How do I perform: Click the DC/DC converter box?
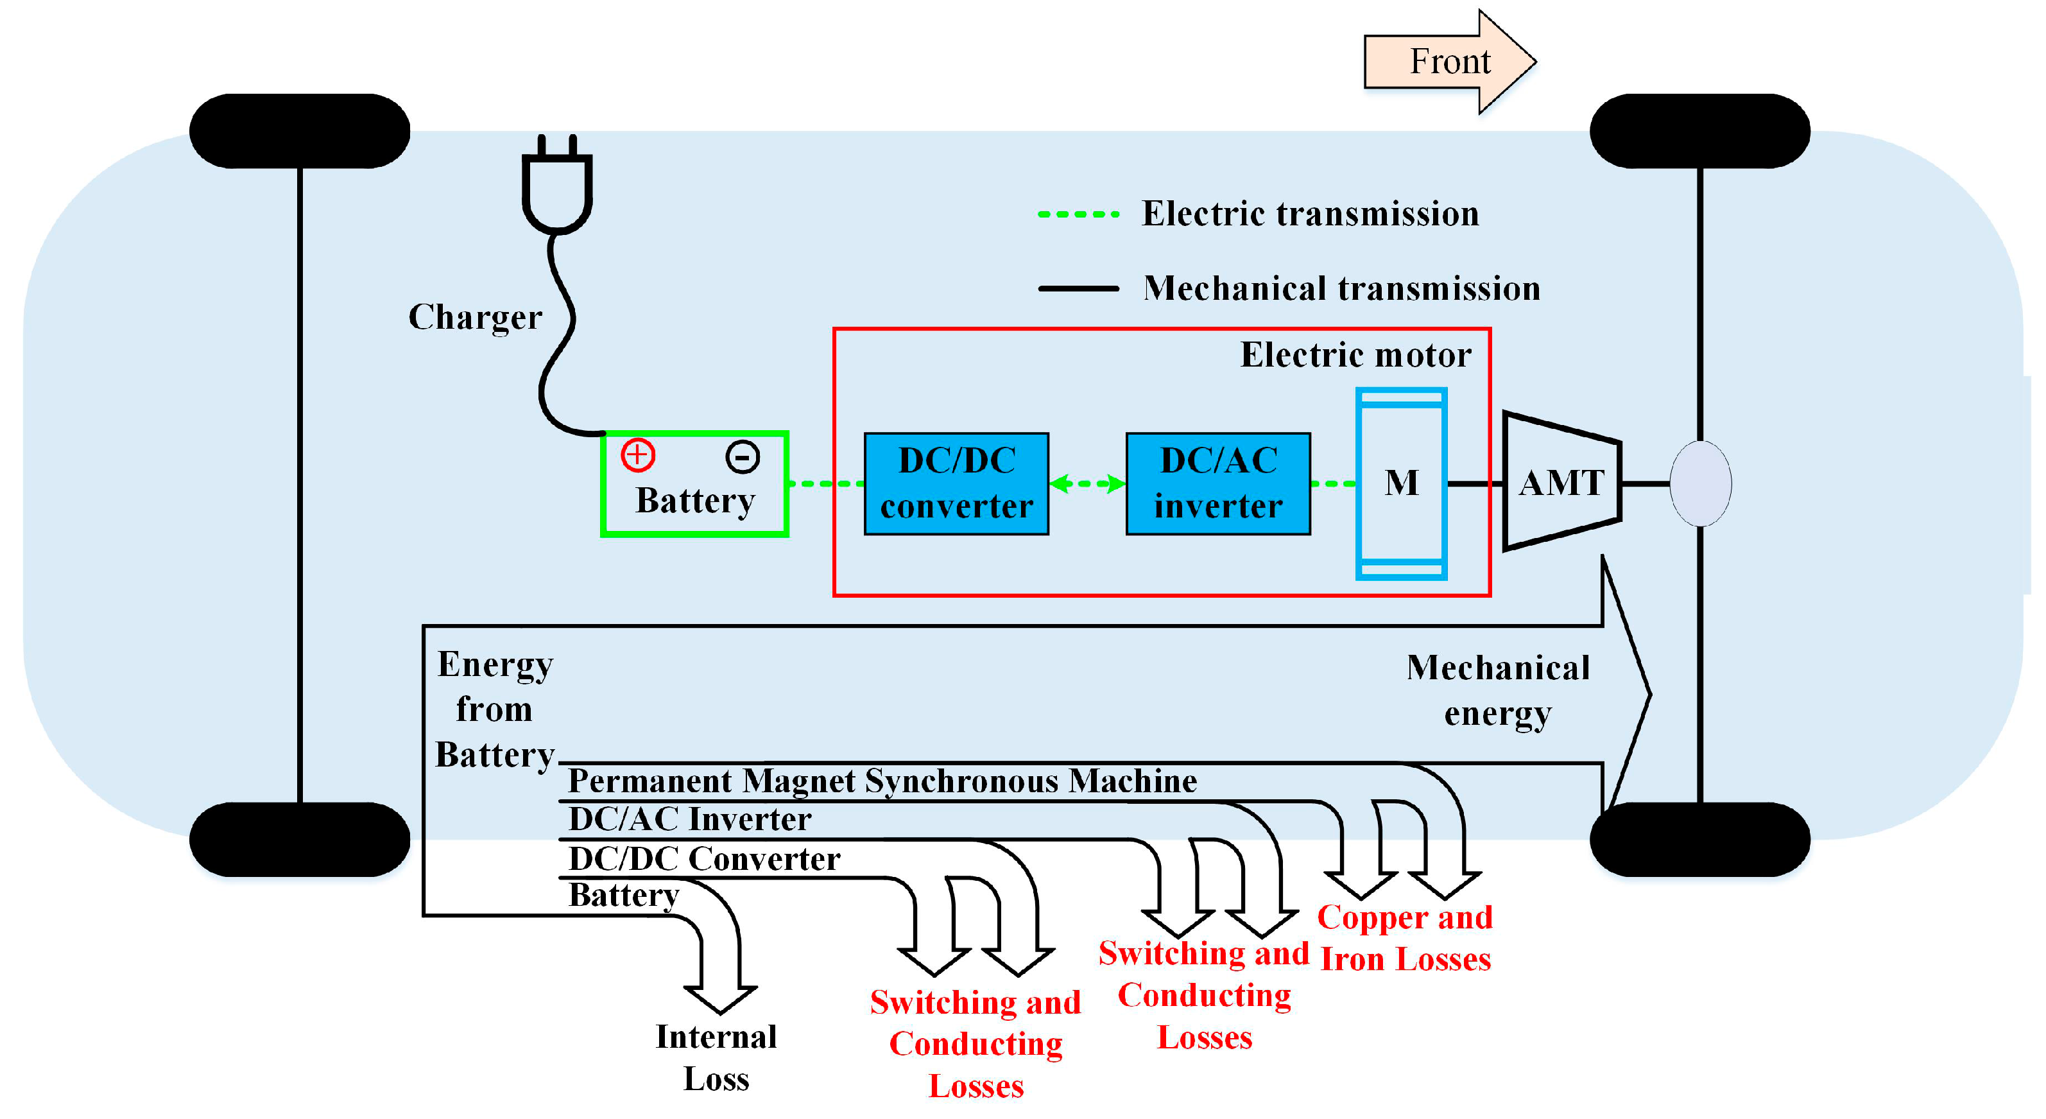pos(956,483)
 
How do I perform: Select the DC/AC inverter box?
pos(1217,483)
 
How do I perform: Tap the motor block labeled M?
pos(1401,483)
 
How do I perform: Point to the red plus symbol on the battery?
pos(638,455)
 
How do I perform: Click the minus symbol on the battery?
pos(743,457)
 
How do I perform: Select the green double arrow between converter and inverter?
pos(1087,483)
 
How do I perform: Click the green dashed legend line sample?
pos(1079,214)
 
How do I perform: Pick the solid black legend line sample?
pos(1079,288)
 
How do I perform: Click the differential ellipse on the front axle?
pos(1701,483)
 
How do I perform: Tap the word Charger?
pos(475,317)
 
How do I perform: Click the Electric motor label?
pos(1355,354)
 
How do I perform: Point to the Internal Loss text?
pos(716,1057)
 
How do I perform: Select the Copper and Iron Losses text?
pos(1404,938)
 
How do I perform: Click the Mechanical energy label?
pos(1498,690)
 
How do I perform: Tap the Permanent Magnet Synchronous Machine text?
pos(882,781)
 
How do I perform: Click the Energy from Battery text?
pos(494,709)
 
